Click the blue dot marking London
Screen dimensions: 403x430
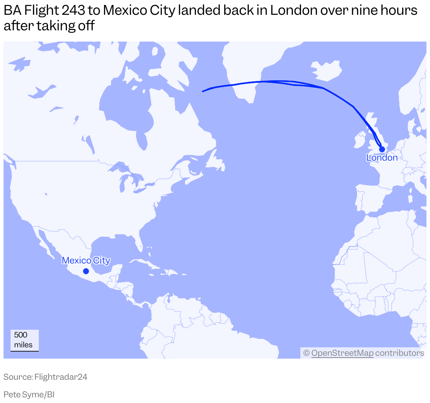382,149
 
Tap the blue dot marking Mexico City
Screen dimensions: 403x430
86,271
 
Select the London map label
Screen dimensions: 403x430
382,157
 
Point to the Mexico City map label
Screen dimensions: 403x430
86,260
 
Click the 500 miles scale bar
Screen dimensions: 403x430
24,341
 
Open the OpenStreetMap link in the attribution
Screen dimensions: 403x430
342,353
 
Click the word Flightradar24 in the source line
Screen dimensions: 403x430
61,377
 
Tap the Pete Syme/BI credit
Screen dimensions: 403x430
29,395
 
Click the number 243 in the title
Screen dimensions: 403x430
73,11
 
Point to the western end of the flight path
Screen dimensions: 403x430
203,92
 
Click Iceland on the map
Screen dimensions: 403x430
326,70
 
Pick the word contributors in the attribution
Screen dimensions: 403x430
399,353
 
